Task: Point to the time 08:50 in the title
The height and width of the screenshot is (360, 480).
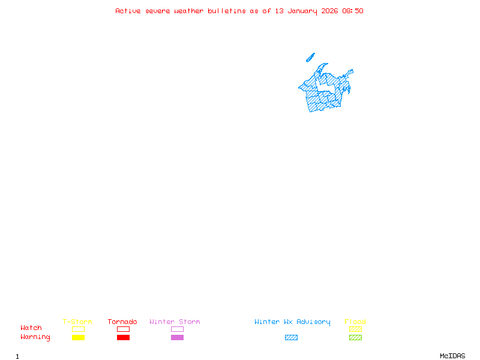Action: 353,11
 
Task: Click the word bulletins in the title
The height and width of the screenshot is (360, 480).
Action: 226,11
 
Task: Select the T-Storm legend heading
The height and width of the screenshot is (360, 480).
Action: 77,322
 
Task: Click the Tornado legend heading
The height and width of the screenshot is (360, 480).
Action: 122,322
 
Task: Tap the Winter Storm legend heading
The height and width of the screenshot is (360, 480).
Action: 175,322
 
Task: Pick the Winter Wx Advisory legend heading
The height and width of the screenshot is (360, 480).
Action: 292,322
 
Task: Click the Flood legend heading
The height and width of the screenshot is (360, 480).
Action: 355,322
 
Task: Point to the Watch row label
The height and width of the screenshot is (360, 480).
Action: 31,328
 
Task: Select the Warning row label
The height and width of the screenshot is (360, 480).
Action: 35,337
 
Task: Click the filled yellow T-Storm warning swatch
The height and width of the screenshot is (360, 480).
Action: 78,338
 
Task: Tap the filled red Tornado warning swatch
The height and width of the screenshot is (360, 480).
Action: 123,338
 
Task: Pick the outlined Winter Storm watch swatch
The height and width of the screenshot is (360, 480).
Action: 177,329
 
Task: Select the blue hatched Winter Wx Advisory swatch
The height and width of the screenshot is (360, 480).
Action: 291,338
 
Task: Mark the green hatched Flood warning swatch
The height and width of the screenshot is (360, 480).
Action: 355,338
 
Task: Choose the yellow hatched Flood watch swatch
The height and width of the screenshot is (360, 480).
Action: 355,329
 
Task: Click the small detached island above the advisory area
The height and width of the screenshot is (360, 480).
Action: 310,58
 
